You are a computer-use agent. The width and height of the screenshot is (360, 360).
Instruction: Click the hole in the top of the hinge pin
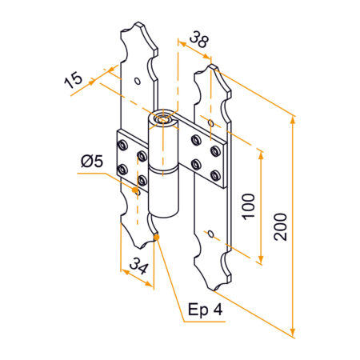click(163, 121)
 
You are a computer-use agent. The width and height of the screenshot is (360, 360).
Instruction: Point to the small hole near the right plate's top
click(210, 123)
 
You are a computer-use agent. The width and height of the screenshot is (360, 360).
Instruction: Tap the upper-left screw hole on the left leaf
click(122, 145)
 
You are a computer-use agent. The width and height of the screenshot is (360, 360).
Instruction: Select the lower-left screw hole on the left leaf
click(122, 169)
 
